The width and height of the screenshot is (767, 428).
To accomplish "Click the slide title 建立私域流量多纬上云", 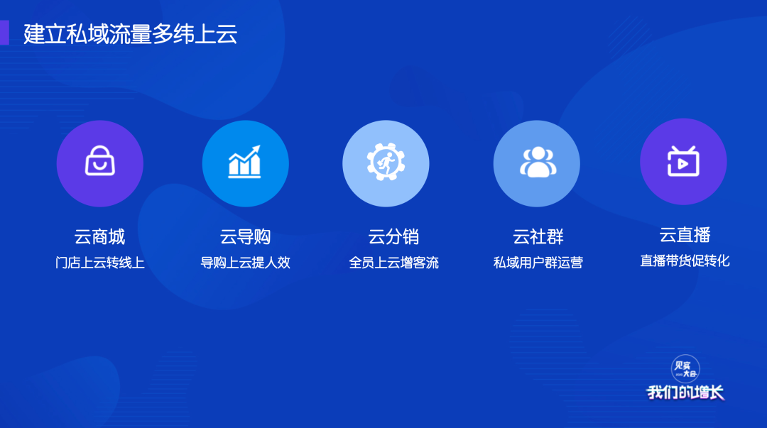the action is tap(130, 34).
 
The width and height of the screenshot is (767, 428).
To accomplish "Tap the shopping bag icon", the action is tap(100, 160).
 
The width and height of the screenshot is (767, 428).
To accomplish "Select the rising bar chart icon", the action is tap(244, 161).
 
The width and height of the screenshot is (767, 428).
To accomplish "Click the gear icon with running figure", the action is tap(386, 162).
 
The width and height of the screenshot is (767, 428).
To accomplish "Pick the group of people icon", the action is tap(538, 162).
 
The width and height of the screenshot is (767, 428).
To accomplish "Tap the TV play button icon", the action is tap(683, 161).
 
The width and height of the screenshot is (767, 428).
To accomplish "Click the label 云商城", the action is tap(100, 237).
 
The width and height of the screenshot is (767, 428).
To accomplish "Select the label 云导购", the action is tap(245, 237).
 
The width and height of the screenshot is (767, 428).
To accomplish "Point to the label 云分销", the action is tap(393, 237).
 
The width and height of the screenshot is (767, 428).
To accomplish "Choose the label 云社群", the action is tap(538, 237).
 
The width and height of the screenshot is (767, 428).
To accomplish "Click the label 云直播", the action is tap(685, 235).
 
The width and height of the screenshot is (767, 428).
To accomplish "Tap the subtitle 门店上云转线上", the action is tap(100, 263).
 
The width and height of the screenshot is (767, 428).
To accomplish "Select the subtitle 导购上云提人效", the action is tap(245, 263).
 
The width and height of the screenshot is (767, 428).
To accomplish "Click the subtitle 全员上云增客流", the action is tap(393, 263).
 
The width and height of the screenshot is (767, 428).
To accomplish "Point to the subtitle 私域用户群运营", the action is tap(538, 263).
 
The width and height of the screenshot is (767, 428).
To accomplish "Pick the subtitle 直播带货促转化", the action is tap(685, 260).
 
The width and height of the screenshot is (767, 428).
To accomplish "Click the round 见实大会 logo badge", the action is tap(685, 369).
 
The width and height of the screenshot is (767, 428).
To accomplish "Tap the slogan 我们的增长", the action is tap(685, 393).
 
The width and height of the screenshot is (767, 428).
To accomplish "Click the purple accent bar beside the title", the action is tap(4, 33).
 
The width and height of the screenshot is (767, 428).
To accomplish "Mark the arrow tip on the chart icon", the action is tap(259, 146).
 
